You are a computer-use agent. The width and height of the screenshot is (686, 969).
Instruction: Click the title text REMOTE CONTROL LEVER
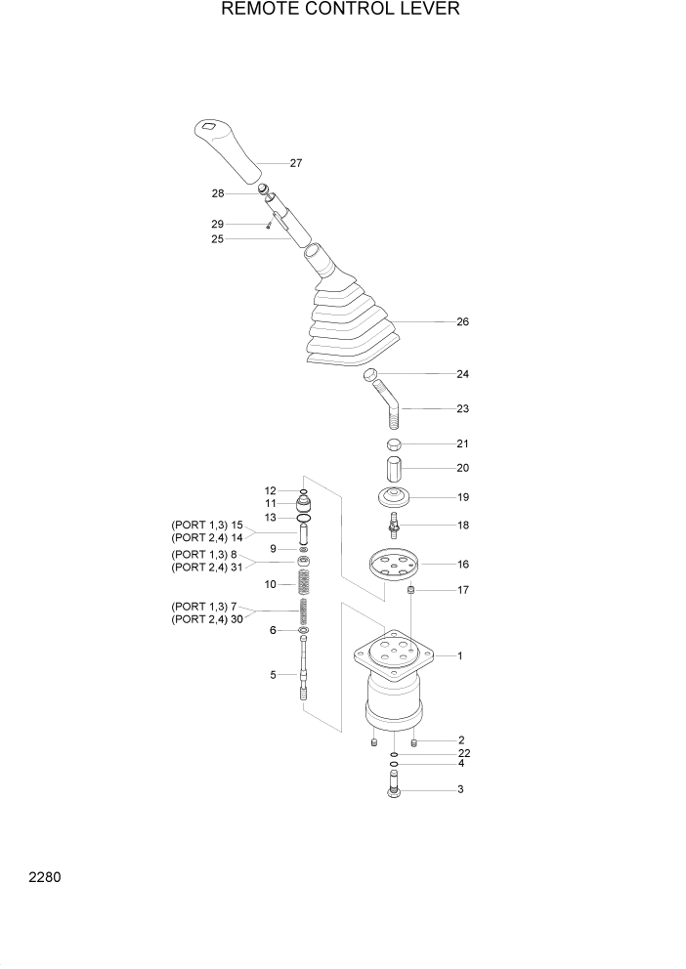point(341,11)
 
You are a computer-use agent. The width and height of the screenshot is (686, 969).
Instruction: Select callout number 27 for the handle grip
point(295,163)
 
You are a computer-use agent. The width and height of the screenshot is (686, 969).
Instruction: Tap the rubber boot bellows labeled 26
point(352,327)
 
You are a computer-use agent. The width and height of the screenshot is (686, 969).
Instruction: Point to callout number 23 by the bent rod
point(462,409)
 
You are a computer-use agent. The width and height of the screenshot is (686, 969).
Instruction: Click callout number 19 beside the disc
point(462,497)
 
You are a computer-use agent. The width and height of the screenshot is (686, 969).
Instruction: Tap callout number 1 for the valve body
point(459,656)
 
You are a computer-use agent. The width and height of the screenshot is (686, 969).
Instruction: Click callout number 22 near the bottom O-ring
point(462,754)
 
